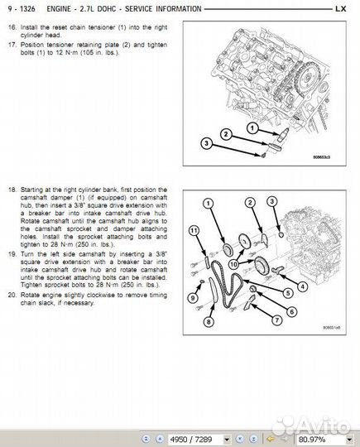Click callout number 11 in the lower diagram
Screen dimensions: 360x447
(194, 231)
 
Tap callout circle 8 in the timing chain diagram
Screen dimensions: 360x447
(209, 322)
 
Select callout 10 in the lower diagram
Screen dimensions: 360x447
(233, 264)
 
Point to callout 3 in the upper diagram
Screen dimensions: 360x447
(207, 143)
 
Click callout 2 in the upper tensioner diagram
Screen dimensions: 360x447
(226, 134)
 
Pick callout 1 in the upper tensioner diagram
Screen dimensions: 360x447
(252, 128)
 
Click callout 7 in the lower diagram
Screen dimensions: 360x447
(276, 320)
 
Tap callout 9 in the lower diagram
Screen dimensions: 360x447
(193, 298)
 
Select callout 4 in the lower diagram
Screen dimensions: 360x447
(302, 286)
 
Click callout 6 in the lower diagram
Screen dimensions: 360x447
(291, 311)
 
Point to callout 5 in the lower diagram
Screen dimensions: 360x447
(288, 293)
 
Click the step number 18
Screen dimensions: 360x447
(12, 190)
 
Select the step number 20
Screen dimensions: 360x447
(12, 295)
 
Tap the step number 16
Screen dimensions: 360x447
(12, 27)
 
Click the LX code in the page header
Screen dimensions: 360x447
(341, 9)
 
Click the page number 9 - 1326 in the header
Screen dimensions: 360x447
(22, 9)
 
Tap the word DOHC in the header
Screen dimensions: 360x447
(107, 9)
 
